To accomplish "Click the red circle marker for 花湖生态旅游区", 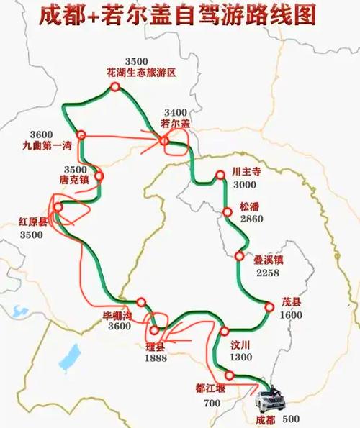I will [114, 87].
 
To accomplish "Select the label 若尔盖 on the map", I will [175, 124].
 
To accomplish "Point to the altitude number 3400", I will [175, 113].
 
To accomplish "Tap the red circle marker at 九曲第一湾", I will [82, 134].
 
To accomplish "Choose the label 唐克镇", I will [73, 179].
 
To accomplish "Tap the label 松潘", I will [249, 206].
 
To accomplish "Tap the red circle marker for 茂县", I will [269, 307].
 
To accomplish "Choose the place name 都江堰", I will [210, 388].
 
